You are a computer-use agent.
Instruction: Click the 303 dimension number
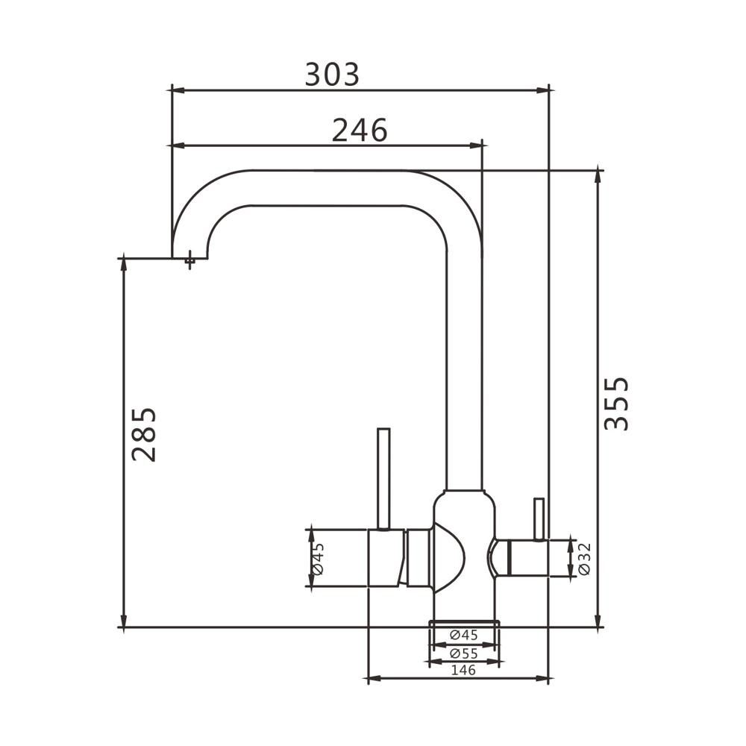332,75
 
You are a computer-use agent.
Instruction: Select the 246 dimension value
360,131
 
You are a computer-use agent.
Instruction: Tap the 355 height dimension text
617,404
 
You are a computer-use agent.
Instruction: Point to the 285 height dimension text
144,434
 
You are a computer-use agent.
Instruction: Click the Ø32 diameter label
584,559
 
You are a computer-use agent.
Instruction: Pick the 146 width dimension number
463,670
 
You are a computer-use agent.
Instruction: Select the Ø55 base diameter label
464,653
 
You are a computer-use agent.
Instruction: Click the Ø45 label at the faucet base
464,635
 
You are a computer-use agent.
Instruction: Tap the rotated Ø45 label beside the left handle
319,559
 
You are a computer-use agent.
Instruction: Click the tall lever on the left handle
383,479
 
